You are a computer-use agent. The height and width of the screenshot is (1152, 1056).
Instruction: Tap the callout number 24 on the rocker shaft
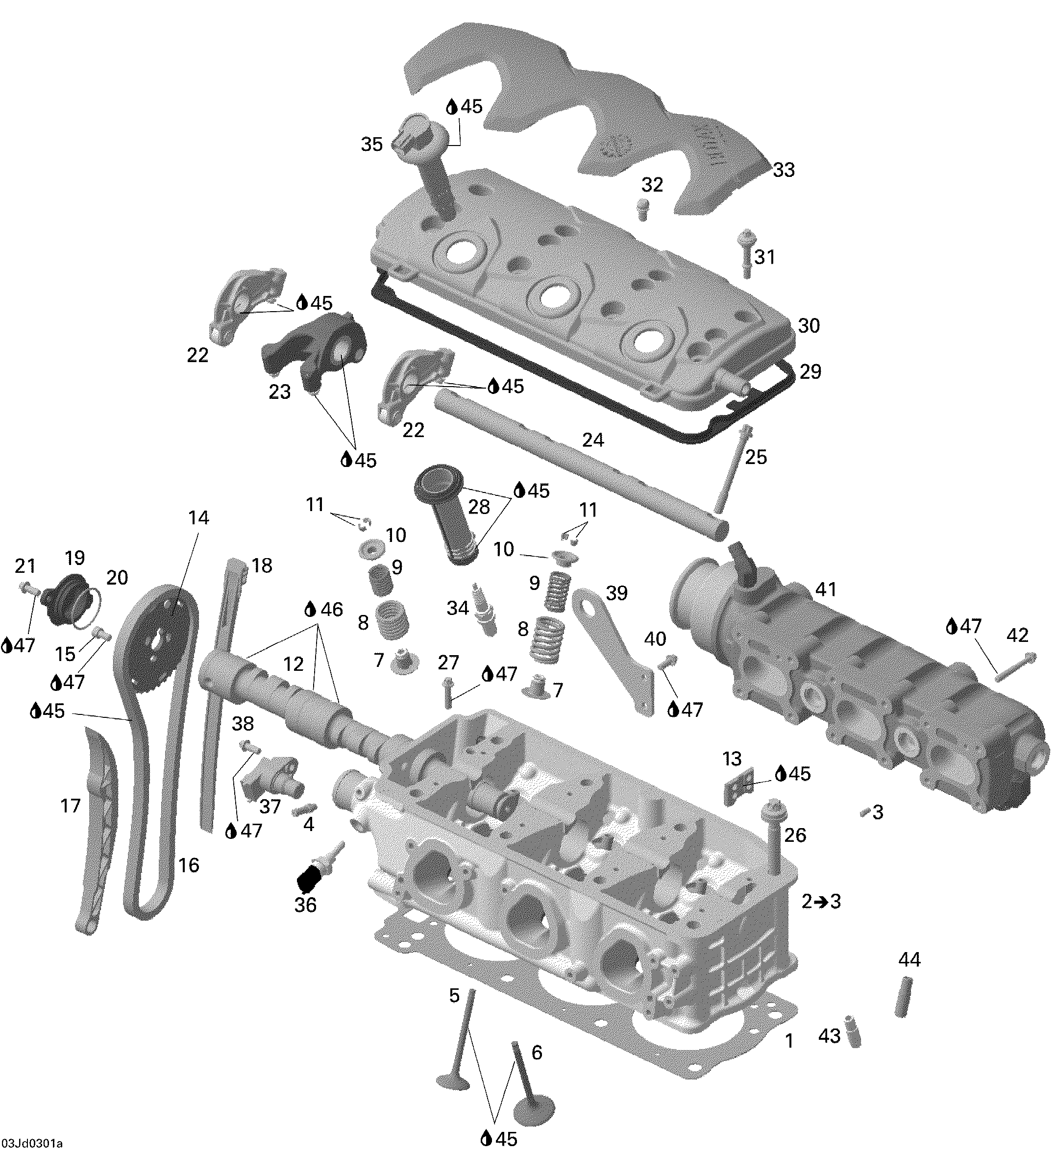[592, 440]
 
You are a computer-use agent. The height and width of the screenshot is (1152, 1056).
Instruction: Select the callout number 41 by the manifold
[825, 589]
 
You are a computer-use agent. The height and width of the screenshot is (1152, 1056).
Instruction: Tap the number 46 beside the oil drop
[331, 609]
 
